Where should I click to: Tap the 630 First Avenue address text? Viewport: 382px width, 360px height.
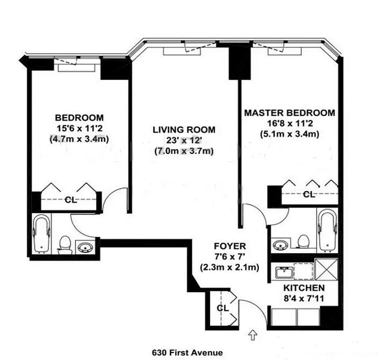187,353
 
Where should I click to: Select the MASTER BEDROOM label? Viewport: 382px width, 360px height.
290,113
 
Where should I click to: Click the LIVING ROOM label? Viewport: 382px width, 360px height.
184,130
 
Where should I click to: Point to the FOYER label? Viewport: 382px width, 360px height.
230,246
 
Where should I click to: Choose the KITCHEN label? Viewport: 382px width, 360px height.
304,288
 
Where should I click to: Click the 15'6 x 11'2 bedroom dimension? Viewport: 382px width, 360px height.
79,128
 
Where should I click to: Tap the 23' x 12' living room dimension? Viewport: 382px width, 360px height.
184,140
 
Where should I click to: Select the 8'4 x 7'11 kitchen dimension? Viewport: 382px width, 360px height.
304,298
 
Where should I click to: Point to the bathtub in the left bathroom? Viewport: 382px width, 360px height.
42,233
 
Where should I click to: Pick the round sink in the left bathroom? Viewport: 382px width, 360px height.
85,247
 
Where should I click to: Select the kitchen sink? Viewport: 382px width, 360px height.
284,272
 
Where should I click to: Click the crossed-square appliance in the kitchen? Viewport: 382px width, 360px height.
327,269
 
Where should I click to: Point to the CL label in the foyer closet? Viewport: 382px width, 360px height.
223,308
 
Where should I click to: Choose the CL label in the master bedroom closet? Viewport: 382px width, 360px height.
309,195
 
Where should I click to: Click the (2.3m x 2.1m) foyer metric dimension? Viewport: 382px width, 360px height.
230,268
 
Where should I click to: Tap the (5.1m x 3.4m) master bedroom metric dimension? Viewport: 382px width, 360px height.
290,134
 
